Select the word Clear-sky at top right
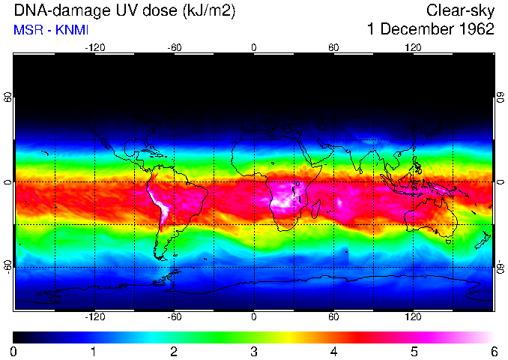460,10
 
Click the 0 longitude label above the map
254,47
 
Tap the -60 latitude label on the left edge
7,267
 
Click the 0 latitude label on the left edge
7,182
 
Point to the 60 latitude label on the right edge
500,97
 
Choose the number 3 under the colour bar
254,351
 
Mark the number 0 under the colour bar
14,351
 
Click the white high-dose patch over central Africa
283,199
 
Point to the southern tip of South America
160,258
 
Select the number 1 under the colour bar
94,351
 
